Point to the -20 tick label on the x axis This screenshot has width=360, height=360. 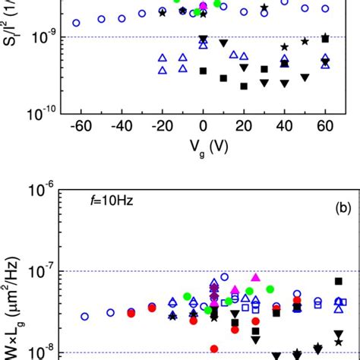coord(160,125)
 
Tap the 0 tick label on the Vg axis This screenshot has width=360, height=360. coord(203,125)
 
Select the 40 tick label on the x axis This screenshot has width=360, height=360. coord(284,125)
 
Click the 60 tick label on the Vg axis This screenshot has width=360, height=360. coord(325,125)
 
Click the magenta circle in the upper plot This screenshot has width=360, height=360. coord(203,7)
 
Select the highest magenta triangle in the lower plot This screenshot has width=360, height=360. coord(255,277)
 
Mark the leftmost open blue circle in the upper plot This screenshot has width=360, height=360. coord(76,23)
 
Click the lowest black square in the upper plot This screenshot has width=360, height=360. coord(244,86)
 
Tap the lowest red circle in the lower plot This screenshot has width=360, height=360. coord(214,349)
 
